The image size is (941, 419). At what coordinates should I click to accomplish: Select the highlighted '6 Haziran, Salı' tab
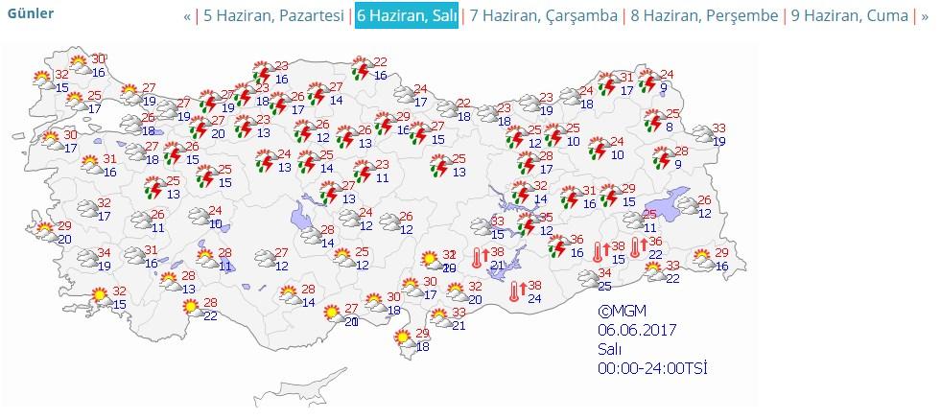[406, 16]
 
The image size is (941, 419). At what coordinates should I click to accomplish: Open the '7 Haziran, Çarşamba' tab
[543, 16]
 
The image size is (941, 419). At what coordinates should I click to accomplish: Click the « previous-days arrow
[187, 16]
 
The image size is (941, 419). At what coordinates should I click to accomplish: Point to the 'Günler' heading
[31, 14]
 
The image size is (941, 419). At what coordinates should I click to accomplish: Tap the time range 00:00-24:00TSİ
[653, 368]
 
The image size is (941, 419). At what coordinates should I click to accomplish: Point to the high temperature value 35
[547, 218]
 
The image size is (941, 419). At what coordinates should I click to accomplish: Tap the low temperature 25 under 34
[605, 286]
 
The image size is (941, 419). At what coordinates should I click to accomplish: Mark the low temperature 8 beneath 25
[669, 128]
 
